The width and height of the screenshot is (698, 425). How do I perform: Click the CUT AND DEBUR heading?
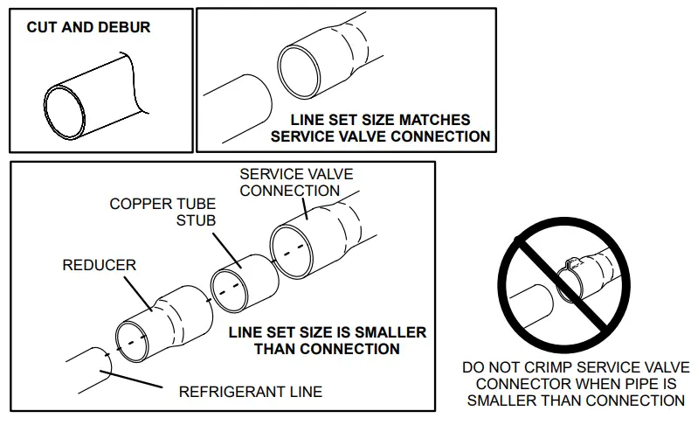(88, 27)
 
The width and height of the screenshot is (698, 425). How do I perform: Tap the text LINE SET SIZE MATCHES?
(381, 120)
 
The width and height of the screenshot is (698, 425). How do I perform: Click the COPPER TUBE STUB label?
(162, 212)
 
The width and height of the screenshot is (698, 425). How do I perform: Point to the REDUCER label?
(99, 264)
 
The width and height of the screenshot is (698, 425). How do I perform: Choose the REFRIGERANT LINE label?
(250, 391)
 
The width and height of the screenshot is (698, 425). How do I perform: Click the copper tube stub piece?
(239, 282)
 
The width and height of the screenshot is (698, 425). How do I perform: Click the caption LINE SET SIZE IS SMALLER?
(328, 332)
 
